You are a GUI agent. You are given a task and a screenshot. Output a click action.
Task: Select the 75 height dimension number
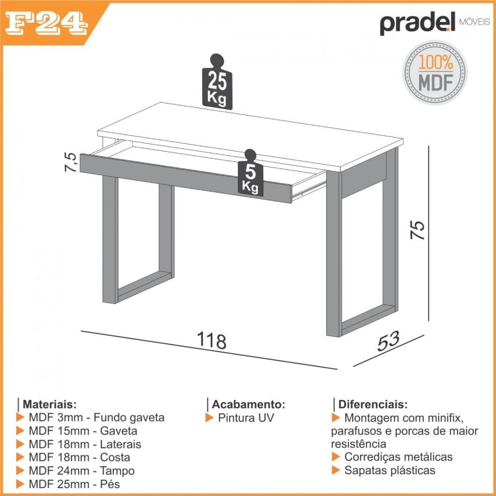click(419, 230)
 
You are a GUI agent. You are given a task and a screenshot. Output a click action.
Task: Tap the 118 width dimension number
click(212, 341)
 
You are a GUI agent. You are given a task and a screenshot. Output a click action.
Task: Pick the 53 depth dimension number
click(388, 342)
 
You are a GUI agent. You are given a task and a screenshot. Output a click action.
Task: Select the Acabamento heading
click(248, 404)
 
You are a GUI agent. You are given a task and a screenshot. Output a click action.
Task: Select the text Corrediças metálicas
click(398, 457)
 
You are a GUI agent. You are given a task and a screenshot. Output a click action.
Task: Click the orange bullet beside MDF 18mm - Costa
click(20, 457)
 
